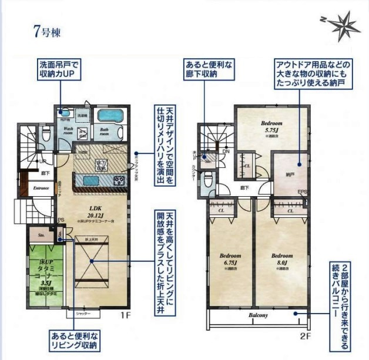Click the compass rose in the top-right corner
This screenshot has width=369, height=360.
tap(343, 24)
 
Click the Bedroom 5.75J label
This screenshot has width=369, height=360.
tap(272, 127)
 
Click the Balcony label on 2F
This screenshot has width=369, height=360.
tap(257, 315)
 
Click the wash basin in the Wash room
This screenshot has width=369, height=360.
tap(64, 115)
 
